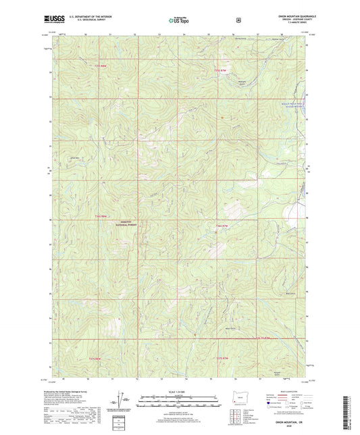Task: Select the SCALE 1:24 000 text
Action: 179,392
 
